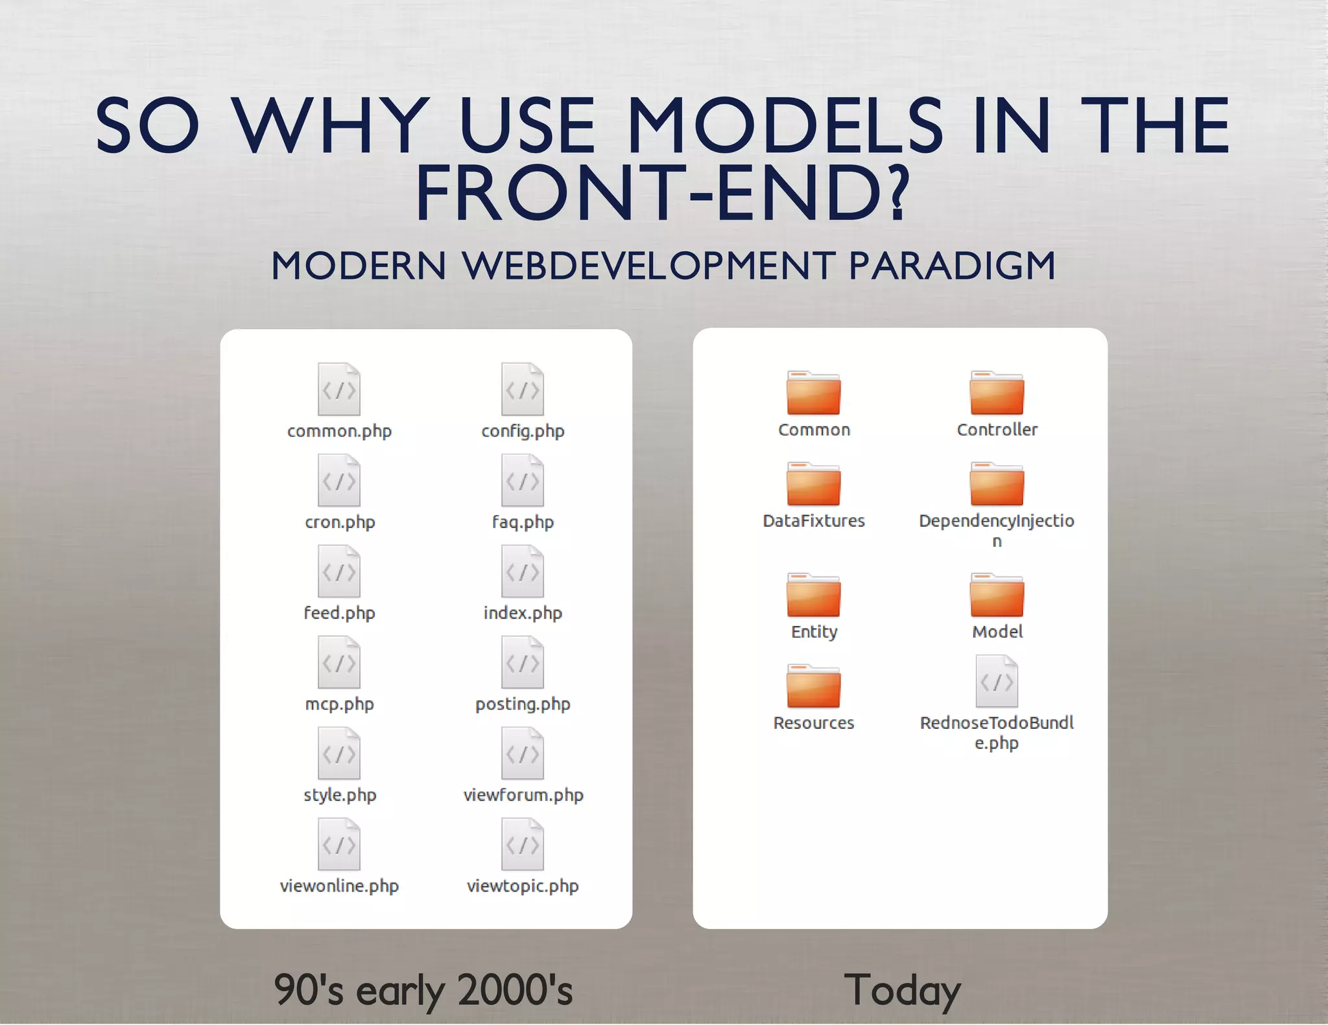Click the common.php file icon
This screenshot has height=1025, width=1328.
tap(338, 389)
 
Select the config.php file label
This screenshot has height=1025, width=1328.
tap(523, 431)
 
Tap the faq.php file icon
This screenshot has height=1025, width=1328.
tap(523, 480)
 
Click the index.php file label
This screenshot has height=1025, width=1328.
tap(523, 613)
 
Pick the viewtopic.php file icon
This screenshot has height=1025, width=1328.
tap(523, 844)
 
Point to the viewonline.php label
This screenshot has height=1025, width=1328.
tap(339, 886)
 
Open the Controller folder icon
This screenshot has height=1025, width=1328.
tap(997, 393)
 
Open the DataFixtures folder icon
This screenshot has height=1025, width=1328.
tap(813, 484)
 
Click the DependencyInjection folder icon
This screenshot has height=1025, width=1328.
tap(997, 484)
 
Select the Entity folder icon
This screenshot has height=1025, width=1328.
tap(813, 595)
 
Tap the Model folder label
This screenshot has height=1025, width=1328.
tap(997, 632)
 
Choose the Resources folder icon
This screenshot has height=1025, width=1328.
tap(813, 686)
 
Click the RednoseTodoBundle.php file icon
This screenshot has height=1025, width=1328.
tap(997, 681)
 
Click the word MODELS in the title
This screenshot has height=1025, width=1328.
tap(785, 126)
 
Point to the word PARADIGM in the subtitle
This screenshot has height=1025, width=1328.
tap(952, 266)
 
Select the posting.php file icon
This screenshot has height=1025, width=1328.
tap(523, 662)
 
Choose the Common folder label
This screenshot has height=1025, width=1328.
tap(814, 430)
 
